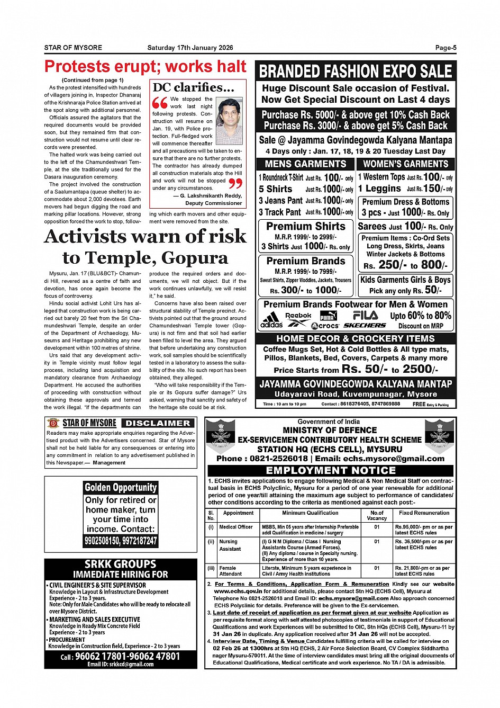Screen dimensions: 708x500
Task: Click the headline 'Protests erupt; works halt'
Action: click(146, 67)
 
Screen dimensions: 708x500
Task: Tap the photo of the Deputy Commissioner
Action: click(230, 121)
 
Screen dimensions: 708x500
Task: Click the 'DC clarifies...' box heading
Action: click(194, 88)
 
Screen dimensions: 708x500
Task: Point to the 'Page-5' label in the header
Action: click(446, 48)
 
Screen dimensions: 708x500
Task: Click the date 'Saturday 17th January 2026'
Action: click(190, 48)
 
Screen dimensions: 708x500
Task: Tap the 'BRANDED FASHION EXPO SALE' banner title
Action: click(356, 71)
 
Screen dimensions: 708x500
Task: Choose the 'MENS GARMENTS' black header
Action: click(305, 164)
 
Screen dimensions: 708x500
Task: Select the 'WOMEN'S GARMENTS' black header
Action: click(406, 164)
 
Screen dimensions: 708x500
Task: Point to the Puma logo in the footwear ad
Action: click(328, 316)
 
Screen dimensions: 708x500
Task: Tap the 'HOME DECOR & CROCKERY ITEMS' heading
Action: click(356, 338)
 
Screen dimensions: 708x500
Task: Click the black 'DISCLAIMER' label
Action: click(158, 423)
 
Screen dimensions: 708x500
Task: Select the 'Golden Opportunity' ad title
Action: click(121, 488)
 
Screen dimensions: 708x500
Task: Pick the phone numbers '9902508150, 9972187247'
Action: click(121, 541)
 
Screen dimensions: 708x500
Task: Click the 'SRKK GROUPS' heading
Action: click(121, 564)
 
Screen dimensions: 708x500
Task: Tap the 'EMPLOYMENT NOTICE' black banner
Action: click(331, 470)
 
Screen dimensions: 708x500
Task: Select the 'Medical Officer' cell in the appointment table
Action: click(236, 527)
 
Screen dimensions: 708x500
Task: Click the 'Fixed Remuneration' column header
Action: click(424, 513)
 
